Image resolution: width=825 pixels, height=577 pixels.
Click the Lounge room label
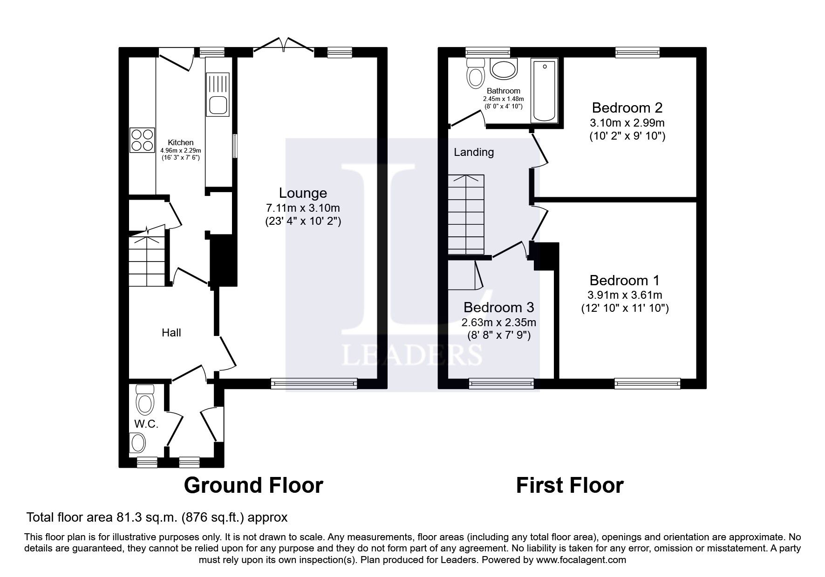point(303,193)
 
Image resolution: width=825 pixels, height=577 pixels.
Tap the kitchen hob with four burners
point(142,140)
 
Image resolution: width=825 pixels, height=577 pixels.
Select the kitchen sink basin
point(218,105)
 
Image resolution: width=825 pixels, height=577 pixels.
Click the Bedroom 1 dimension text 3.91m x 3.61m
point(625,295)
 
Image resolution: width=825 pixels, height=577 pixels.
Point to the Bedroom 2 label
point(627,108)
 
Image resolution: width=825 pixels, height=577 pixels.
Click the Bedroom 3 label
point(498,308)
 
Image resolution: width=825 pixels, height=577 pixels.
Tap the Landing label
point(474,152)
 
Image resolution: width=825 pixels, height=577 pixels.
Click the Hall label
point(171,333)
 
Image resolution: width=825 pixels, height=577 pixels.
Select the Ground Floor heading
point(253,485)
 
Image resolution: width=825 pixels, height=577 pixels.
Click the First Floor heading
point(569,485)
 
